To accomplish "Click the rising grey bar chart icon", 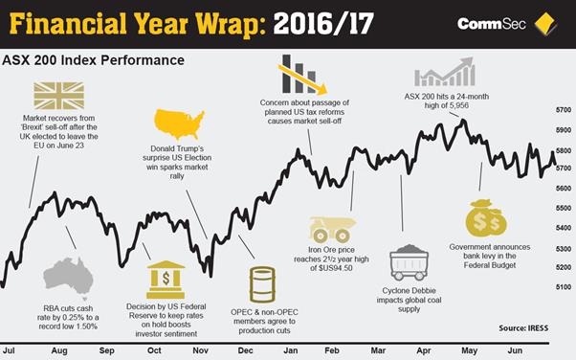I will [445, 72].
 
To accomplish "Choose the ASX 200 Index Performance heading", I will [93, 59].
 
